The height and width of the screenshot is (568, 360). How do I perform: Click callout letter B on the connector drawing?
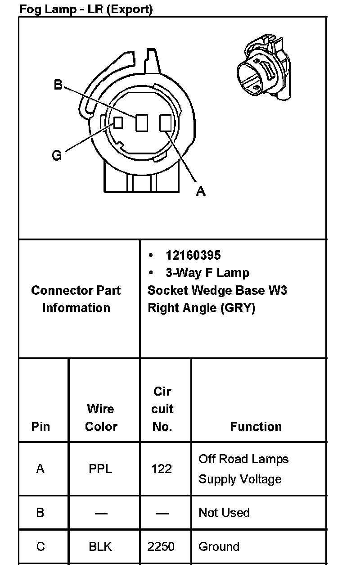58,85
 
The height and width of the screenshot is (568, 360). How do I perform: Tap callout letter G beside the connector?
57,155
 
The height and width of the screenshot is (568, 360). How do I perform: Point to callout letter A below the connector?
201,191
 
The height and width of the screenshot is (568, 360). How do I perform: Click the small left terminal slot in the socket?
118,122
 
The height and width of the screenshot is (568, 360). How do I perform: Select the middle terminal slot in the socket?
142,123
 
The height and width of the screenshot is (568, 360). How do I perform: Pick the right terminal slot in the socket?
165,123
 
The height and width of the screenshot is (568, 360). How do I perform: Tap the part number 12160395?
193,255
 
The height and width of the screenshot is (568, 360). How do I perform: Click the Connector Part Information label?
76,299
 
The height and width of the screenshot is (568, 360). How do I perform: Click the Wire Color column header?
101,417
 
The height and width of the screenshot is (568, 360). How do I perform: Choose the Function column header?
256,426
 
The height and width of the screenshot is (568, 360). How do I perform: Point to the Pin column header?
40,426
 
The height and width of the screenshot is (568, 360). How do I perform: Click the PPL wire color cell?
100,469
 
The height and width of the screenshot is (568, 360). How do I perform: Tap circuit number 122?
162,469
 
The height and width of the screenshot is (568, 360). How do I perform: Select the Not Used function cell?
224,513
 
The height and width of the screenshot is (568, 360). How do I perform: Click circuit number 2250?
161,546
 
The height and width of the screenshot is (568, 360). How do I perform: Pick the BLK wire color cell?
100,546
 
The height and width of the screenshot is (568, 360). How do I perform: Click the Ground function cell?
219,546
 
